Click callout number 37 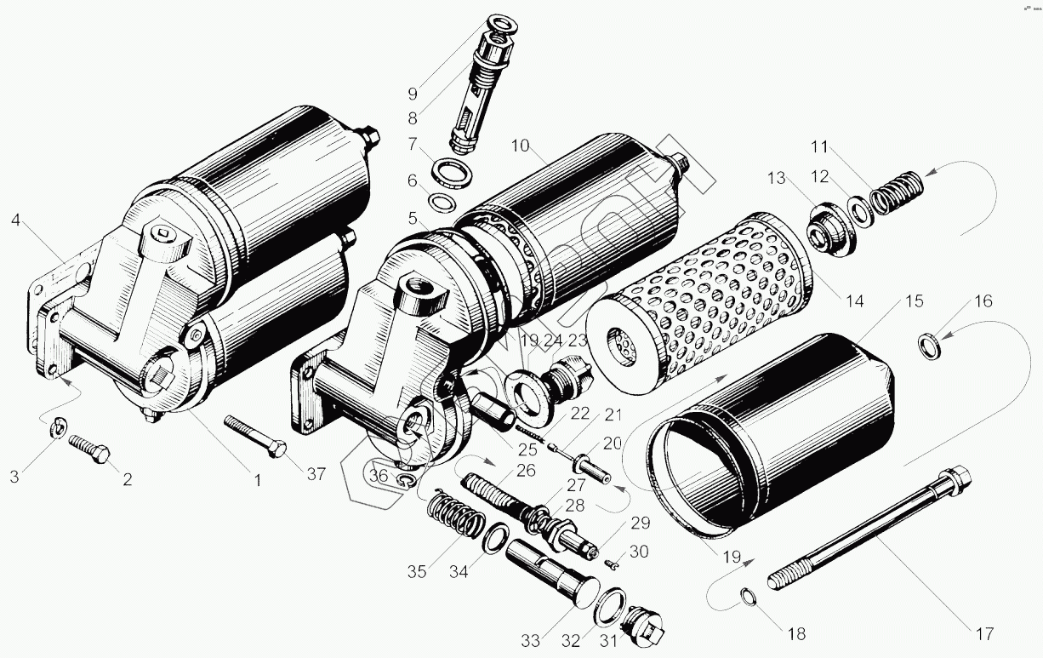tap(316, 474)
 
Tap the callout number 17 tap(984, 633)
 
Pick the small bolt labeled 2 tap(88, 448)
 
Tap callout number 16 tap(983, 301)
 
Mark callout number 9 tap(413, 93)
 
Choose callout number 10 tap(521, 146)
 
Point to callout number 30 tap(638, 552)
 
